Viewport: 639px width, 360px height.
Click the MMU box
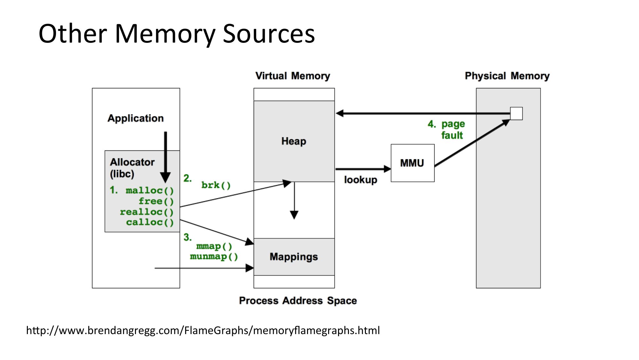(x=412, y=163)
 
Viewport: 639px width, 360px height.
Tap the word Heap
(x=294, y=141)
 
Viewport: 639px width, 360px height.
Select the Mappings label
(x=294, y=257)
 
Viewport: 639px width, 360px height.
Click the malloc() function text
(x=150, y=191)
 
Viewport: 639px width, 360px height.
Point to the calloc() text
(x=150, y=222)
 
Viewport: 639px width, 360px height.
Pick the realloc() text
(x=146, y=212)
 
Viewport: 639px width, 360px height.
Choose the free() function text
(x=156, y=201)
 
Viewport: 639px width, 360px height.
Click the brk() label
(x=216, y=185)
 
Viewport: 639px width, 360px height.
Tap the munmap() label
(x=214, y=257)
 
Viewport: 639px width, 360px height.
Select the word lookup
(x=360, y=180)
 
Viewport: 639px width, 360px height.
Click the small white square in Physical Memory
(x=516, y=114)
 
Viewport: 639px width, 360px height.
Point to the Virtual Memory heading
(x=293, y=76)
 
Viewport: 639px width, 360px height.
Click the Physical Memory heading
(x=507, y=76)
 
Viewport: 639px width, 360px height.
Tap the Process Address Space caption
(x=298, y=301)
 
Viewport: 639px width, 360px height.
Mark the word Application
(x=135, y=118)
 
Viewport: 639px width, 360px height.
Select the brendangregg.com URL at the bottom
(x=203, y=330)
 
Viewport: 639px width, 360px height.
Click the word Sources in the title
(x=269, y=34)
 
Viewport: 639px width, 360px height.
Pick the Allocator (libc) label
(x=132, y=168)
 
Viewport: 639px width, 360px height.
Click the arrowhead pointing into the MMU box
(x=387, y=169)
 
